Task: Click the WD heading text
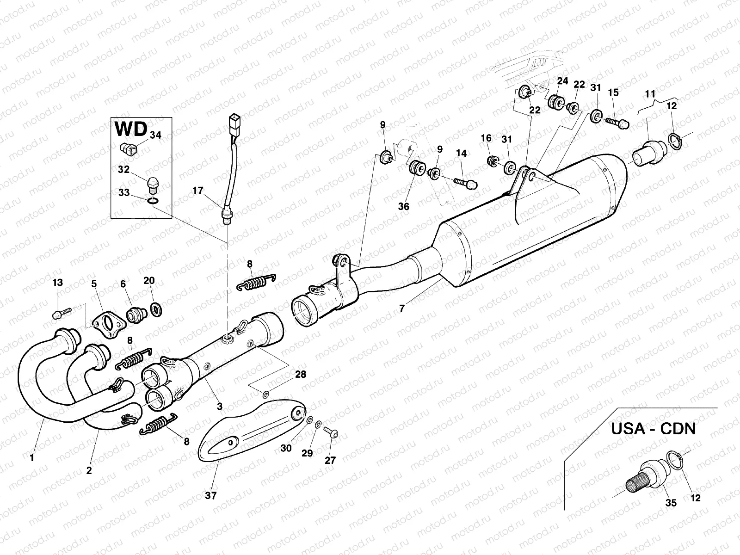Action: click(131, 129)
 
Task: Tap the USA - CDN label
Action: click(653, 428)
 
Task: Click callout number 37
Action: click(211, 496)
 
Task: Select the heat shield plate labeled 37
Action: click(250, 428)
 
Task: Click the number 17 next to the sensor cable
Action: click(198, 191)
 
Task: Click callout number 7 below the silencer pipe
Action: click(401, 308)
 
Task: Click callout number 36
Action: click(403, 206)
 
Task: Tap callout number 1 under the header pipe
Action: click(32, 458)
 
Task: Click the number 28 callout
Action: click(301, 374)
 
